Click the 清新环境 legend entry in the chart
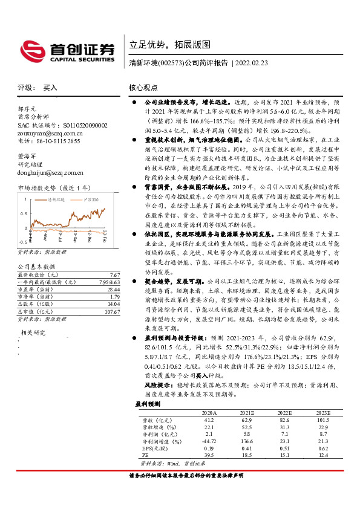click(57, 198)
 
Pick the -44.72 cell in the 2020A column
click(208, 442)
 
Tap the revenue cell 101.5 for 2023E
click(324, 419)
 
